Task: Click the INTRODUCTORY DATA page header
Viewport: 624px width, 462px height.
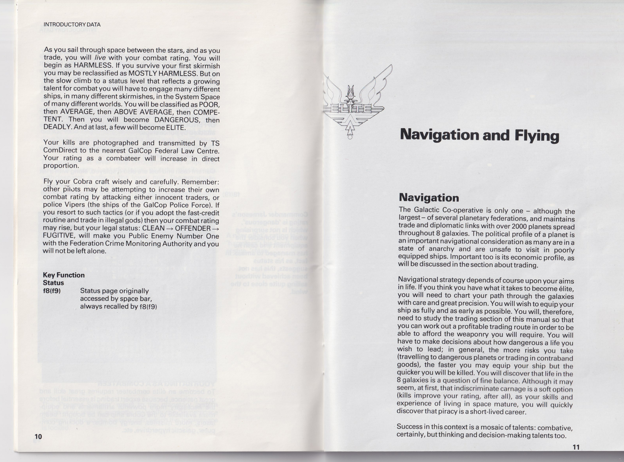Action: (72, 25)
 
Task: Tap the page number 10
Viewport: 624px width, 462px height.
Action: (38, 436)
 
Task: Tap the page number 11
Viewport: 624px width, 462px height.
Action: (576, 447)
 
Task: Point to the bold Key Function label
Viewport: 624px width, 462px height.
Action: (64, 275)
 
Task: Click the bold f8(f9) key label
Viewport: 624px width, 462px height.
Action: (52, 291)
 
